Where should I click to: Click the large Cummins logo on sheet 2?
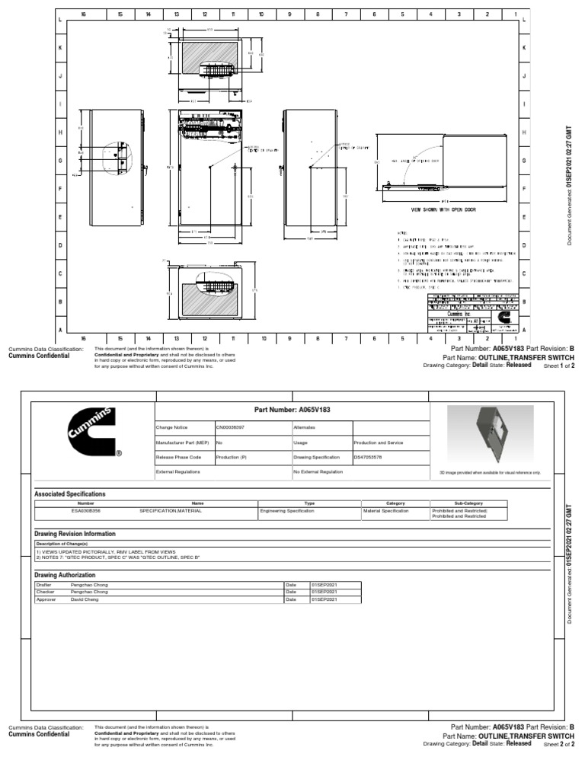coord(92,432)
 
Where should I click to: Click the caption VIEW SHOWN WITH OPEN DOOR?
coord(443,209)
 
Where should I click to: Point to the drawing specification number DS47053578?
coord(369,458)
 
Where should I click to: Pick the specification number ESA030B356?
coord(85,511)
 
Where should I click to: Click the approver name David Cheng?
coord(85,599)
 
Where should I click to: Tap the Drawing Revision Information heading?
coord(75,534)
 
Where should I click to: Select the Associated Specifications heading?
coord(70,493)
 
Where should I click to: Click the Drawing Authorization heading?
coord(65,574)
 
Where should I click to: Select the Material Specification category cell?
coord(386,511)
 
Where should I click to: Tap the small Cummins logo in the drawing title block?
coord(503,315)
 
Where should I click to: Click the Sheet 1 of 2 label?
coord(558,366)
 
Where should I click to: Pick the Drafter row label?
coord(43,584)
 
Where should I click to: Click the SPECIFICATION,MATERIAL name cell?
coord(171,511)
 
